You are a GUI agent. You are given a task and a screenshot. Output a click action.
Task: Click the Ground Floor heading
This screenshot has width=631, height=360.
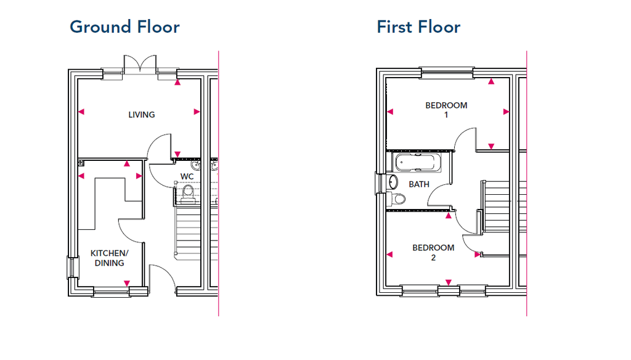point(124,27)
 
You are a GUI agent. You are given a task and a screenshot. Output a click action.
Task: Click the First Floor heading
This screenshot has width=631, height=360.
point(418,27)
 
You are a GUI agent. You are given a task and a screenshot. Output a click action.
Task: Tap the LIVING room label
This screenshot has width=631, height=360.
point(142,115)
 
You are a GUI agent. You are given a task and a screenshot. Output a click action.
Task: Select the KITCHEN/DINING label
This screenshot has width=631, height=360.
point(109,258)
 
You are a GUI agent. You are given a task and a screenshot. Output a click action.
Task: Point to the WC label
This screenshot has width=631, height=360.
point(187,177)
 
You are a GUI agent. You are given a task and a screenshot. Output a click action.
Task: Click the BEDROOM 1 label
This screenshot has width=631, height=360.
point(446,110)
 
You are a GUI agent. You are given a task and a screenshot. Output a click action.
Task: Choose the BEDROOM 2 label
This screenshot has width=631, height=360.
point(433,252)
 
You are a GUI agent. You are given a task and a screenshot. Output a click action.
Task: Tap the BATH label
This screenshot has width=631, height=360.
point(419,184)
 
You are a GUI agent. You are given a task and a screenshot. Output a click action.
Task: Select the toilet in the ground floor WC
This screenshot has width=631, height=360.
point(187,194)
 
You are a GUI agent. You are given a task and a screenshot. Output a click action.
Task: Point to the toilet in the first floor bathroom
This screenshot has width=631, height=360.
point(396,198)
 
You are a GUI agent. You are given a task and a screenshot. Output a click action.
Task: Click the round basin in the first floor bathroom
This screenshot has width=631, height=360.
point(393,182)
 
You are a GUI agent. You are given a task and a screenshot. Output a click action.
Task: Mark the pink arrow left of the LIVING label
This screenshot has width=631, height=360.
point(81,112)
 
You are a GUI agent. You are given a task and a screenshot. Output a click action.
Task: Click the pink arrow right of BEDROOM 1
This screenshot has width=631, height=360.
point(506,112)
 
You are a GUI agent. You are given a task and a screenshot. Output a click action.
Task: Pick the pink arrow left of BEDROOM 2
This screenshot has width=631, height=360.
point(389,254)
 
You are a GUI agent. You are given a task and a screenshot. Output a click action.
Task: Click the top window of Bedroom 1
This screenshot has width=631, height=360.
point(447,73)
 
